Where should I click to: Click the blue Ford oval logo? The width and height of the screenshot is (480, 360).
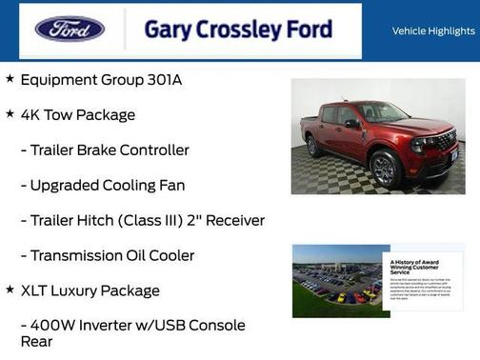[x=70, y=30]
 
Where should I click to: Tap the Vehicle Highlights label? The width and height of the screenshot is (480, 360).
[x=433, y=30]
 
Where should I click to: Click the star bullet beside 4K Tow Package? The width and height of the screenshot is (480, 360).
[x=10, y=114]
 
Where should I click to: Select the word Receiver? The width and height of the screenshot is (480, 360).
[x=231, y=221]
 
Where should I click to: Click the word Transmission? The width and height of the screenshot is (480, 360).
[x=77, y=255]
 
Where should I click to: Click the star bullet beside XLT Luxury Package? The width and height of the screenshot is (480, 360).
[x=10, y=290]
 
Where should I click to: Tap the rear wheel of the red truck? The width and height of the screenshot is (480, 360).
[x=313, y=147]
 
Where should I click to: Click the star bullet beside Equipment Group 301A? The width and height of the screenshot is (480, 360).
[x=10, y=79]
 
